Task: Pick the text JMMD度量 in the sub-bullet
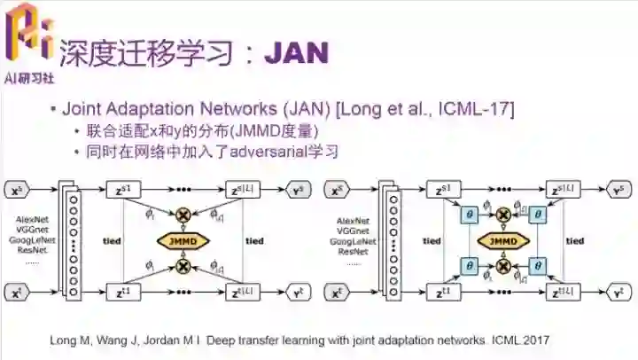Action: tap(281, 131)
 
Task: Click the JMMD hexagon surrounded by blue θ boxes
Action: tap(502, 240)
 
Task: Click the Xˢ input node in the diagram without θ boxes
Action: tap(17, 191)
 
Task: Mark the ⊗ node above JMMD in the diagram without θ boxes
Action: tap(183, 215)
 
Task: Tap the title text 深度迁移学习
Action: tap(146, 54)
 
